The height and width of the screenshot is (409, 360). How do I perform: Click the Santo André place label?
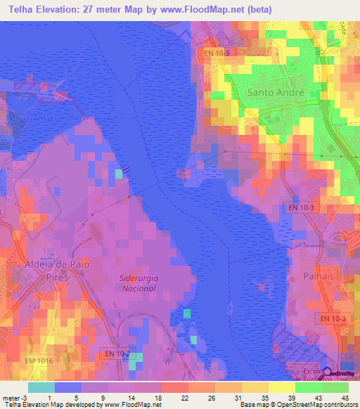tap(276, 93)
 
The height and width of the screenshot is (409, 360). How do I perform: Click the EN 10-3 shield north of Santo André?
tap(217, 53)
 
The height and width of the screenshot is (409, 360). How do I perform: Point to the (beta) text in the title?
tap(259, 9)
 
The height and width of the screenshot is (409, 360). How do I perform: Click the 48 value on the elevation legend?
tap(345, 398)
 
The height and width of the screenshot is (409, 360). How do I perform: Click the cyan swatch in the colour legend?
tap(41, 387)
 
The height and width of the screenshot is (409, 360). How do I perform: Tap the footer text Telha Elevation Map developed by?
tap(51, 405)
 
